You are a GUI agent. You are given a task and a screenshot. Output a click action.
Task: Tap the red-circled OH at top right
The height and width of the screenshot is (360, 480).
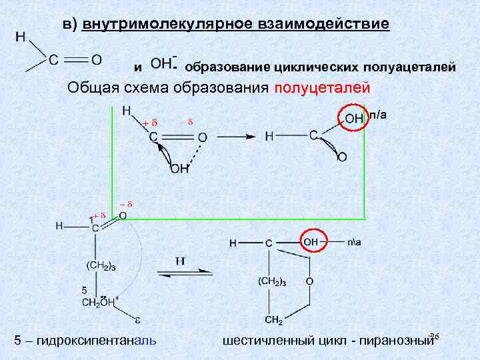353,118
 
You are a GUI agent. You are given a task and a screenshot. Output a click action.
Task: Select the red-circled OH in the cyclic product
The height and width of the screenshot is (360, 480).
312,242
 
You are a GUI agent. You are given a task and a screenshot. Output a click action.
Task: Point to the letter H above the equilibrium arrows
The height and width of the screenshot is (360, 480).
180,261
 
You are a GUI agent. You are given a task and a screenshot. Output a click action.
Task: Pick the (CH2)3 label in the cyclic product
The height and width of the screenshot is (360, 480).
272,282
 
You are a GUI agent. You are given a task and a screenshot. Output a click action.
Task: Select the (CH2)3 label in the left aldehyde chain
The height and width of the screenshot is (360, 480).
101,267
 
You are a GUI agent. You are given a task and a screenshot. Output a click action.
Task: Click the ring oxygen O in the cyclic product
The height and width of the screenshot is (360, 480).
309,282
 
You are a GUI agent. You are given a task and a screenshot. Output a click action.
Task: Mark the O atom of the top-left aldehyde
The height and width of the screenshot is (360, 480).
97,59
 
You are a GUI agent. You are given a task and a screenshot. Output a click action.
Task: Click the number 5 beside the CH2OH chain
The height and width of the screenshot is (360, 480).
83,290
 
